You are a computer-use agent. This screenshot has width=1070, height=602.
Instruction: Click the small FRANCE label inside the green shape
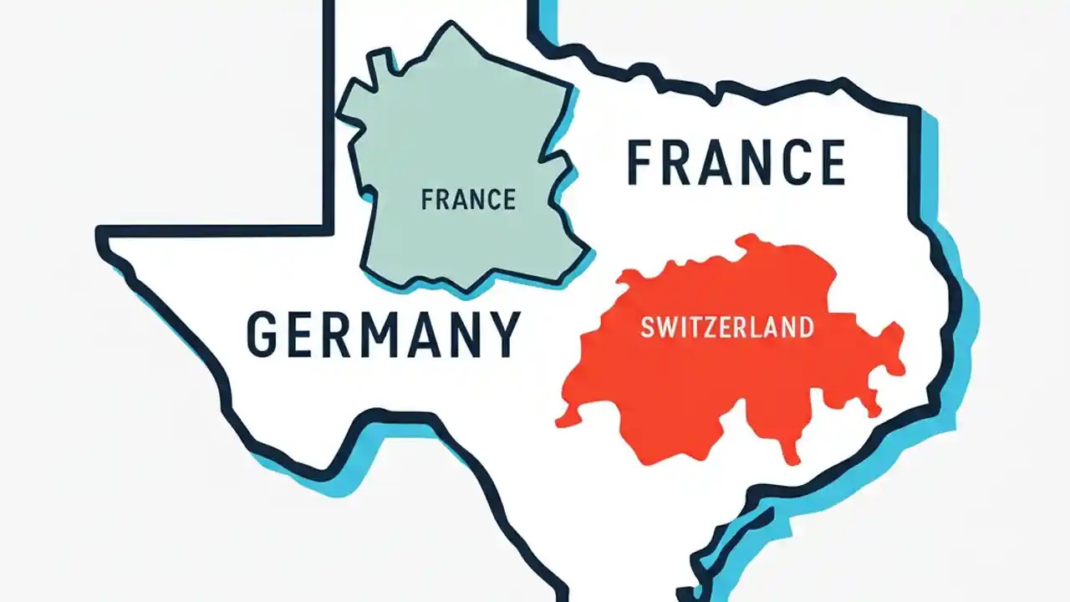468,200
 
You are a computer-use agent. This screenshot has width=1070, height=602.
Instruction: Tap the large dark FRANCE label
736,162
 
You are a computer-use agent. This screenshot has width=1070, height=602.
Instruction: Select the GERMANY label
384,334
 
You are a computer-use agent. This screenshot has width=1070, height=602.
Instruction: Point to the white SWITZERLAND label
726,326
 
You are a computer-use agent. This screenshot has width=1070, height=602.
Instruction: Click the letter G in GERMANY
263,334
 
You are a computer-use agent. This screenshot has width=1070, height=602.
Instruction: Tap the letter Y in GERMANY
504,334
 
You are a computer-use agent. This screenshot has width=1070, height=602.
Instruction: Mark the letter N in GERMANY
462,334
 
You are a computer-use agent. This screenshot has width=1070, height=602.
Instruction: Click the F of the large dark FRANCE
641,162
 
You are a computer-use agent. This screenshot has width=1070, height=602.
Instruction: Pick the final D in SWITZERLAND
804,326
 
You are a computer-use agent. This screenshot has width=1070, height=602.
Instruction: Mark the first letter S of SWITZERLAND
646,326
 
